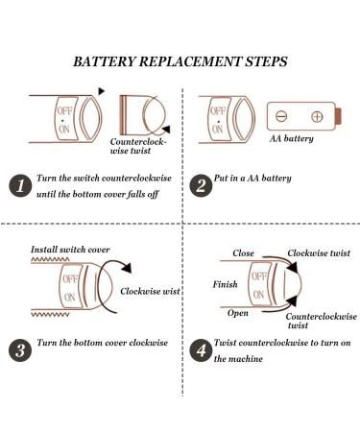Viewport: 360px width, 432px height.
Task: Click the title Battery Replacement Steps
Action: tap(180, 61)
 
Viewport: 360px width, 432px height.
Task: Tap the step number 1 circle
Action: tap(20, 185)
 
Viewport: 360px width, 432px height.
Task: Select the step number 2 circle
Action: tap(201, 185)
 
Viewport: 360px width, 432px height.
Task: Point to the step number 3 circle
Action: tap(20, 350)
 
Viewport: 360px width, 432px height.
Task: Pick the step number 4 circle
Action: tap(201, 350)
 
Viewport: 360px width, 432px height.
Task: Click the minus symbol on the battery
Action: tap(281, 116)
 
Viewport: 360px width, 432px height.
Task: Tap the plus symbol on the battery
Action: tap(317, 116)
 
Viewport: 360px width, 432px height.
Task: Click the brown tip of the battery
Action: tap(338, 116)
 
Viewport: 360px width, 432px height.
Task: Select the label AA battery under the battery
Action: tap(291, 138)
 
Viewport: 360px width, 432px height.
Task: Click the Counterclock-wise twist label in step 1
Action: tap(138, 146)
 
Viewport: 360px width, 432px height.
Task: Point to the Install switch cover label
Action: tap(70, 250)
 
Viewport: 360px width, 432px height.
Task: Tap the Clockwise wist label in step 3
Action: tap(150, 291)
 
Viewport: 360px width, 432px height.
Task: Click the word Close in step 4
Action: tap(243, 253)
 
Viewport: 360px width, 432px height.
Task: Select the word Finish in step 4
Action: tap(226, 284)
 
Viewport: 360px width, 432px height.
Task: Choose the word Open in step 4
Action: tap(238, 313)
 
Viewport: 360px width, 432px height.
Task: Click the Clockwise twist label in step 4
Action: tap(319, 253)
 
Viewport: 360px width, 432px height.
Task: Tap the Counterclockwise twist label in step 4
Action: tap(321, 321)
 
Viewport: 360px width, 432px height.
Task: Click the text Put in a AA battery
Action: tap(252, 178)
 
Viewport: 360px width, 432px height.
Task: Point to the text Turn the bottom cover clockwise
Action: tap(103, 343)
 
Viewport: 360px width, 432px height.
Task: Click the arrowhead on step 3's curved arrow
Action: tap(127, 268)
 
